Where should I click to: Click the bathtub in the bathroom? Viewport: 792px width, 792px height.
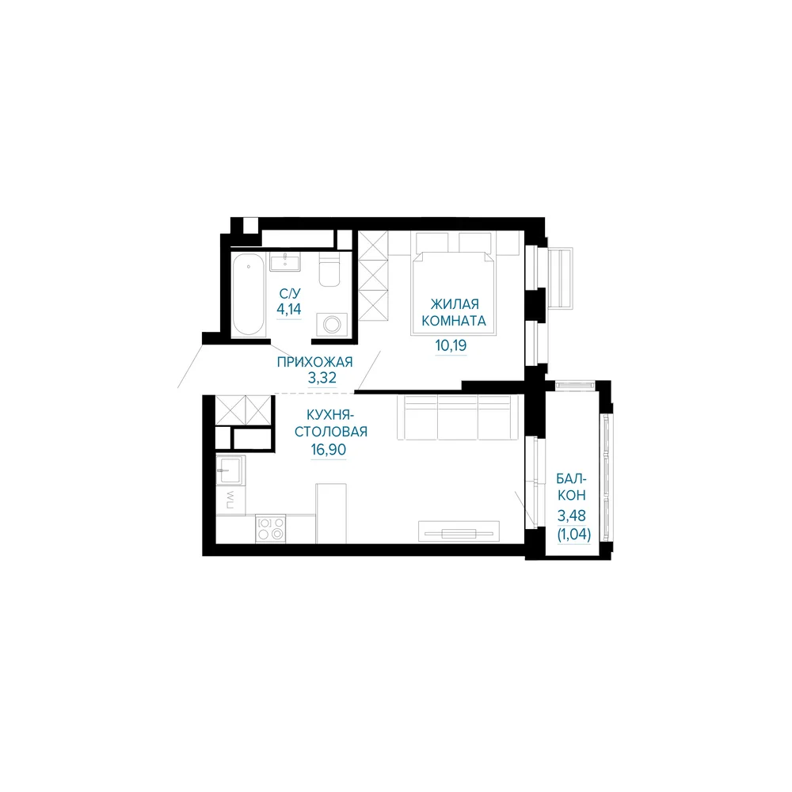click(249, 294)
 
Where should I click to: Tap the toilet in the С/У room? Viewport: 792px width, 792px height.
click(329, 269)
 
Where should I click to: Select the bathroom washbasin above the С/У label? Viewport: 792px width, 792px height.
click(285, 261)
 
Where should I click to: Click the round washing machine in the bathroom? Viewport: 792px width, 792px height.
click(332, 324)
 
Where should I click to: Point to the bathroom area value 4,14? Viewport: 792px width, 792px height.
click(289, 309)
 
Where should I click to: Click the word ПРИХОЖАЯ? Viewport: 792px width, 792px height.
click(314, 362)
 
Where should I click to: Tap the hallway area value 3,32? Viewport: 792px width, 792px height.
click(322, 377)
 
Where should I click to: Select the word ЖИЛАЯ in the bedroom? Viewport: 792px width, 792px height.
click(455, 304)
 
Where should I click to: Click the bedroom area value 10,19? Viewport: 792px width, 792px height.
click(451, 345)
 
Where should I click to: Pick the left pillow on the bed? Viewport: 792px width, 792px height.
click(432, 243)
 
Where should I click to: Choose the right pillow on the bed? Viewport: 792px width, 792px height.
click(474, 243)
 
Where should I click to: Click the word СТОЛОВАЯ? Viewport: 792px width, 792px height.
click(331, 432)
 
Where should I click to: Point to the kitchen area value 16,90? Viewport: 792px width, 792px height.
click(329, 449)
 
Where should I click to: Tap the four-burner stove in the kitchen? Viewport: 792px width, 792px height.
click(270, 528)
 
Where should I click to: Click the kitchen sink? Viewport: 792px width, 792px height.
click(230, 470)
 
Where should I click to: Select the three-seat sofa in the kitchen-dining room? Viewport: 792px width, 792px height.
click(458, 417)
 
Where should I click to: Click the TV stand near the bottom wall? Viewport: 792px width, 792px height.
click(459, 531)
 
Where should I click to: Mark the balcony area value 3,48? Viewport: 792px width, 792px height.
click(571, 516)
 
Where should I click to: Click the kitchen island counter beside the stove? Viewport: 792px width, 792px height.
click(331, 513)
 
